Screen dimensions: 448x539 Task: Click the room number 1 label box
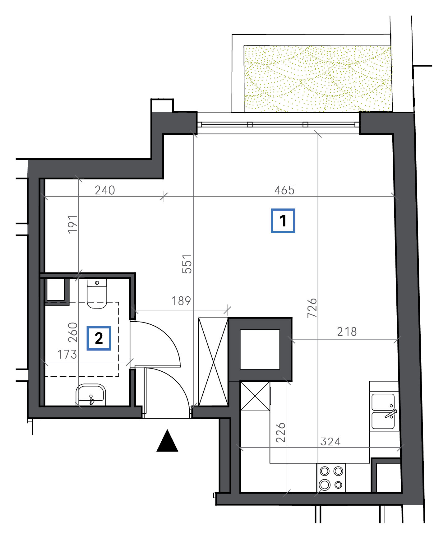point(283,221)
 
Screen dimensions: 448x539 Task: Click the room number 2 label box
point(99,338)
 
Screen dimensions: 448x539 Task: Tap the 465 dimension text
point(284,190)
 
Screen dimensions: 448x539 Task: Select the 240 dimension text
point(105,190)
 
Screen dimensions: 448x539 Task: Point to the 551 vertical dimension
point(187,264)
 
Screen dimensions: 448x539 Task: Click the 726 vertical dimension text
point(312,308)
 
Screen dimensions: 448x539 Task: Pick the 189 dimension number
point(181,301)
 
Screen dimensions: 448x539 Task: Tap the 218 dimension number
point(347,332)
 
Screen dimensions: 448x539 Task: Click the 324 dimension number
point(330,442)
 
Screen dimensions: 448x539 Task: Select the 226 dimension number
point(281,432)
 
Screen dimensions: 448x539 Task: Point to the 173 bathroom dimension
point(67,354)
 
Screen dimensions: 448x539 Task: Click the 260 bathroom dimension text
point(72,332)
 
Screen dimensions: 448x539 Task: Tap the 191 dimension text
point(72,224)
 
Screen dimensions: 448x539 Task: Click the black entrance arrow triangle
point(167,441)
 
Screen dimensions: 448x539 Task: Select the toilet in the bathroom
point(97,293)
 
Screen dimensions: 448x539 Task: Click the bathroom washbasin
point(91,395)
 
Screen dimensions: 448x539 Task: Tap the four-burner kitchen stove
point(331,477)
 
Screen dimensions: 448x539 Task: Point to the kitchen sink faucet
point(391,413)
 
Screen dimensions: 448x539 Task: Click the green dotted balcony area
point(317,79)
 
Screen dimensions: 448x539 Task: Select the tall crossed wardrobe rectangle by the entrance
point(213,361)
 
